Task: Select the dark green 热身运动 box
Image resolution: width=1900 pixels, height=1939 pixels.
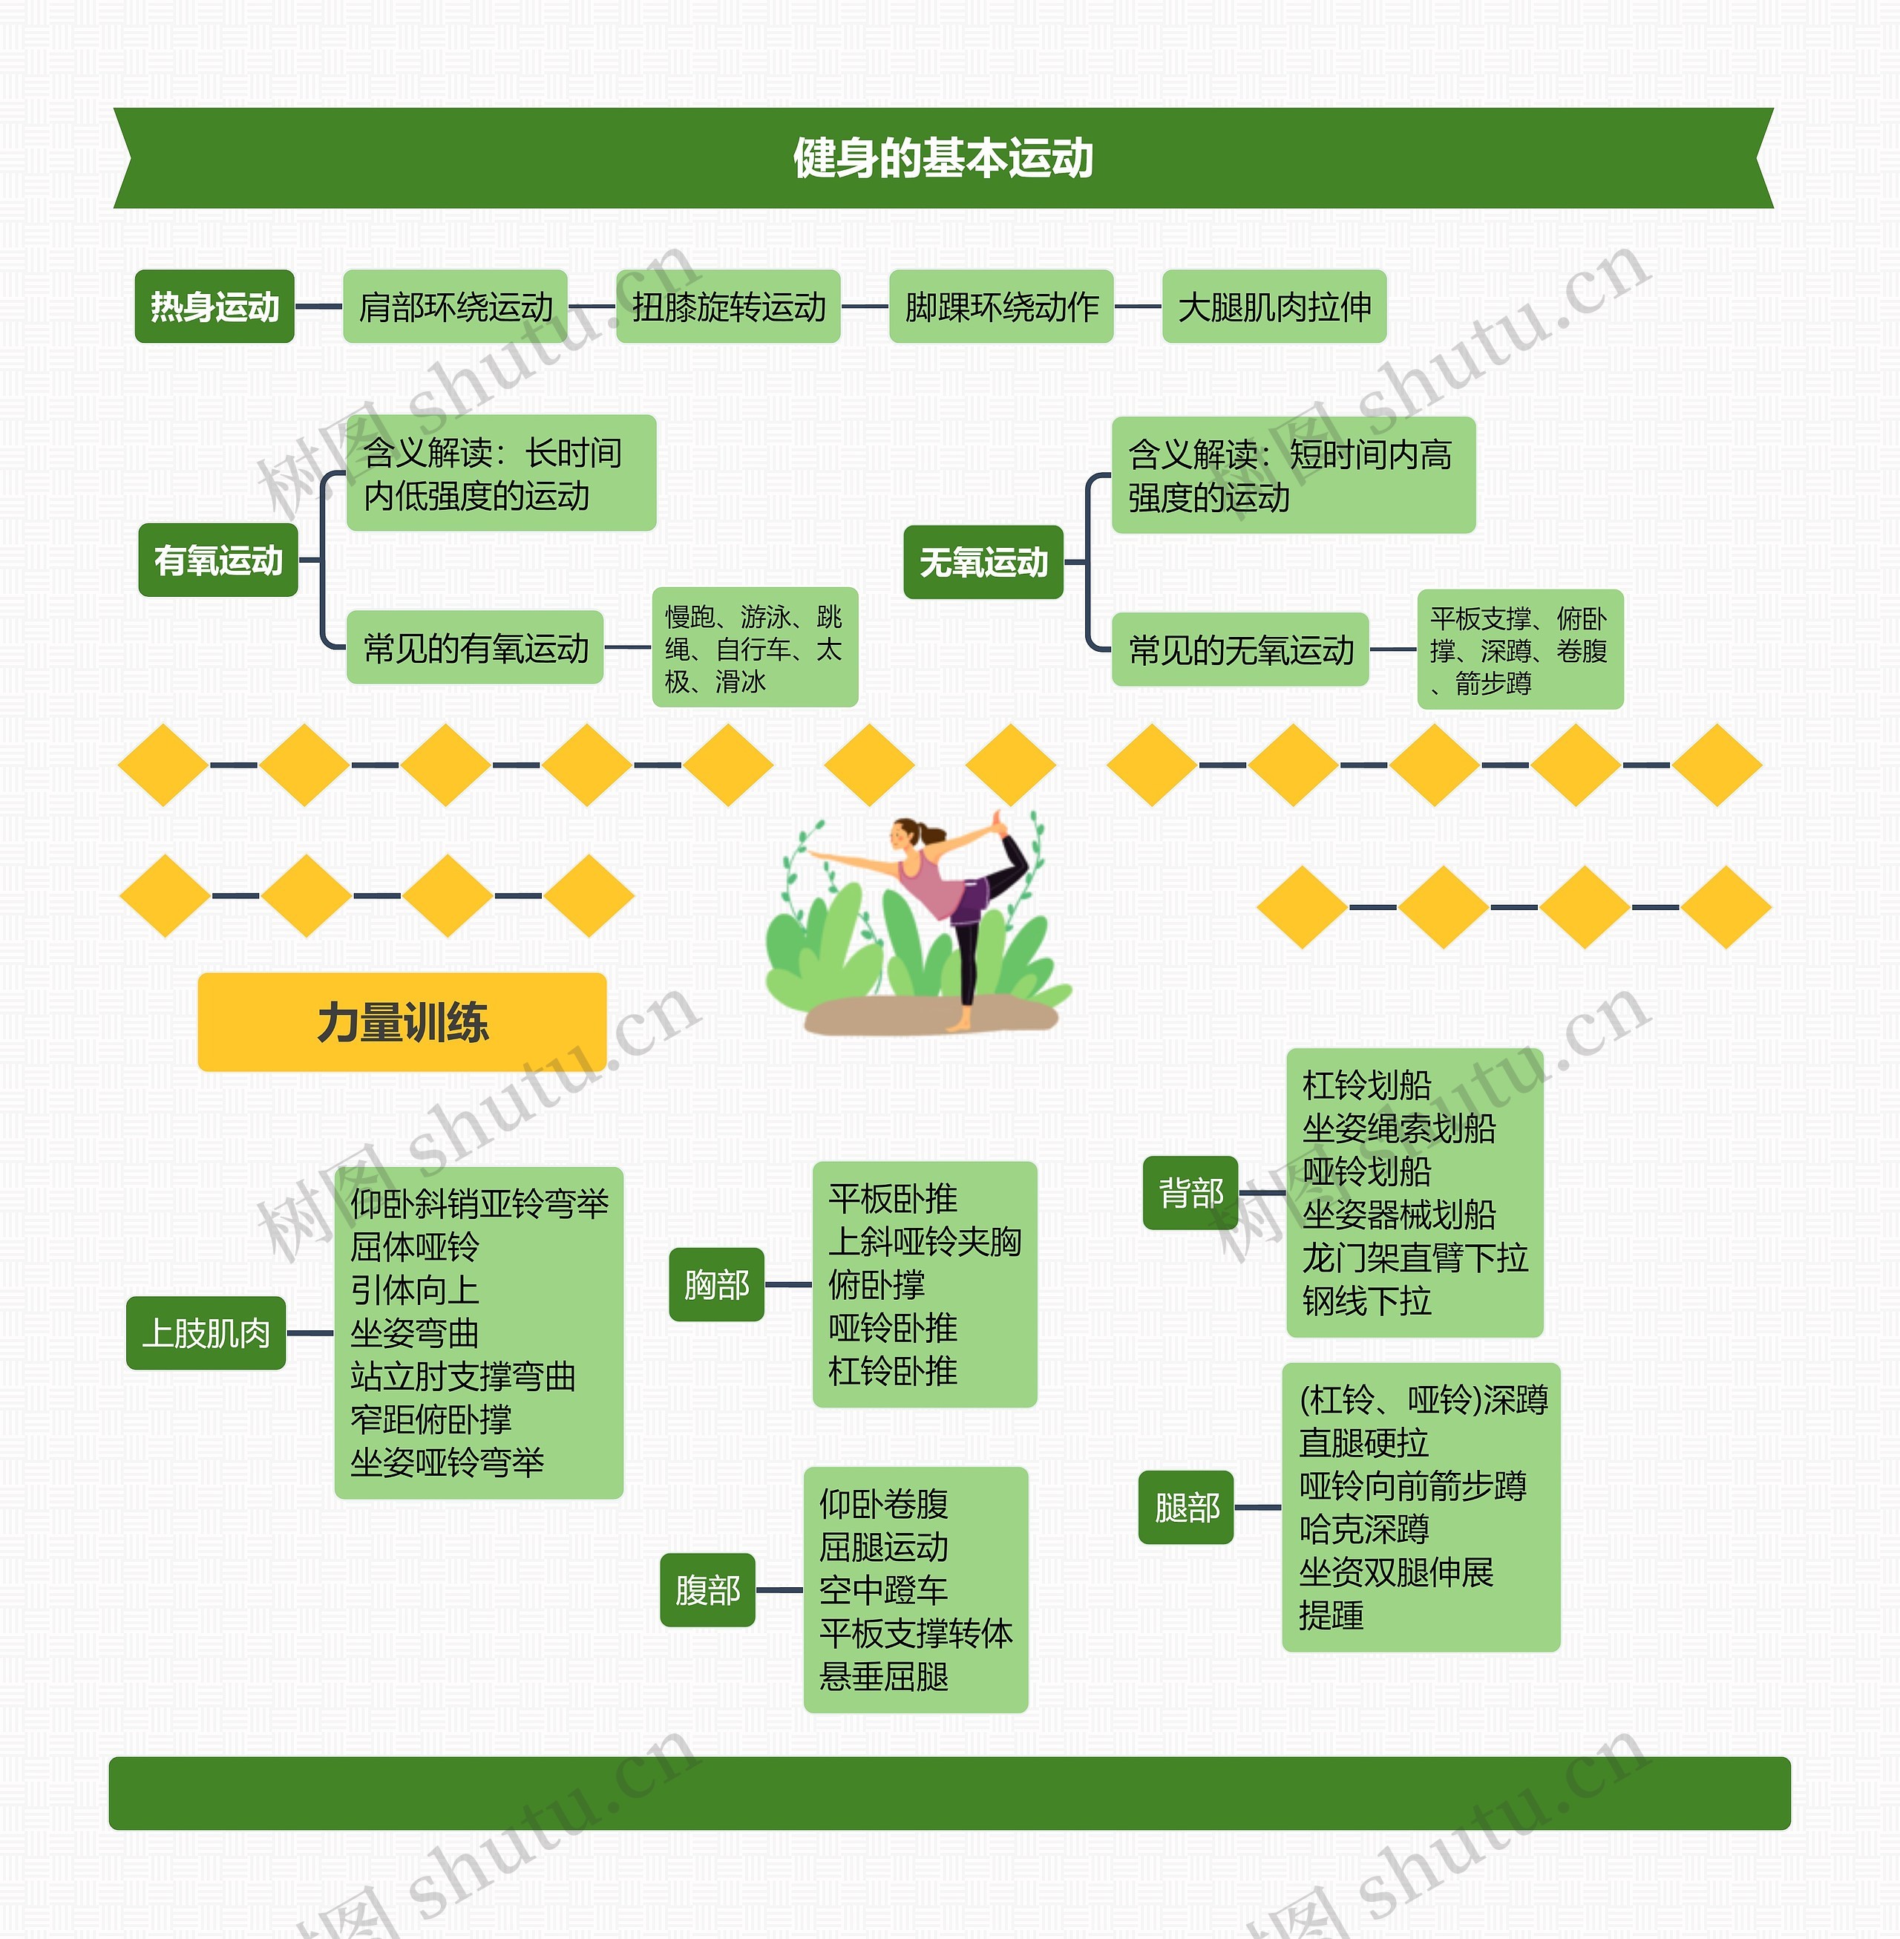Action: tap(214, 307)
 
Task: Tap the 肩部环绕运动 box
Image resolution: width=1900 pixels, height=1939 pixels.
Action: tap(455, 307)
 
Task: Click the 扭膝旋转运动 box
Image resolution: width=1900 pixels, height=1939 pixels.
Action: tap(729, 307)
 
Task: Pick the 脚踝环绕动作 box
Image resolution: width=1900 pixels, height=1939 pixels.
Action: tap(1001, 307)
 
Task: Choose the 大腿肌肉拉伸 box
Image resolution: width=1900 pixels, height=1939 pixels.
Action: tap(1274, 307)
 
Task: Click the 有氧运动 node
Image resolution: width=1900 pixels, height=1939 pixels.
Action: tap(218, 560)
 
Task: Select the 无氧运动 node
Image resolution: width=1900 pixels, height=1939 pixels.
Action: tap(983, 562)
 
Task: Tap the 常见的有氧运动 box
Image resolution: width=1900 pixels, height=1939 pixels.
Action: tap(475, 647)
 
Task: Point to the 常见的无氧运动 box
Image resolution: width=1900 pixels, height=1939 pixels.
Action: tap(1240, 650)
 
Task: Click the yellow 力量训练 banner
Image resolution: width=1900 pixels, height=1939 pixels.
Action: tap(402, 1022)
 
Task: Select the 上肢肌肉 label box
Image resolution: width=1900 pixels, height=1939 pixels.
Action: tap(206, 1333)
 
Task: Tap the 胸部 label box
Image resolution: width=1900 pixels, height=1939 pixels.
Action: tap(716, 1284)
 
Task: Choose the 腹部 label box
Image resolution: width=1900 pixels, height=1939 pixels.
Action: tap(707, 1589)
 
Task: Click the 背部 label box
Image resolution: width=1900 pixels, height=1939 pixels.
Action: tap(1190, 1192)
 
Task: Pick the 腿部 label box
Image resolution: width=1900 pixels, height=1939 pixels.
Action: tap(1187, 1507)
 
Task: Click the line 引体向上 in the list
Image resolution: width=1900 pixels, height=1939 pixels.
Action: tap(414, 1290)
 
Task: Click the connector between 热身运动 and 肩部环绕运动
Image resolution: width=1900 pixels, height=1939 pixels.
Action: tap(318, 307)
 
